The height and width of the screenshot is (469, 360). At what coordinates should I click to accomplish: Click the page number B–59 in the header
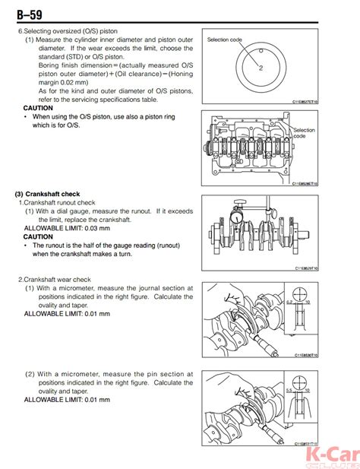[x=26, y=11]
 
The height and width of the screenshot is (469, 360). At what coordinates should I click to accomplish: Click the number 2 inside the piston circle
[x=260, y=68]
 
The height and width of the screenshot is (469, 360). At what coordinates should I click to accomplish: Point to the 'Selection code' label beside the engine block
[x=304, y=133]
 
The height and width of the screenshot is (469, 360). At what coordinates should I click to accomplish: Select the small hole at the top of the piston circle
[x=260, y=51]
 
